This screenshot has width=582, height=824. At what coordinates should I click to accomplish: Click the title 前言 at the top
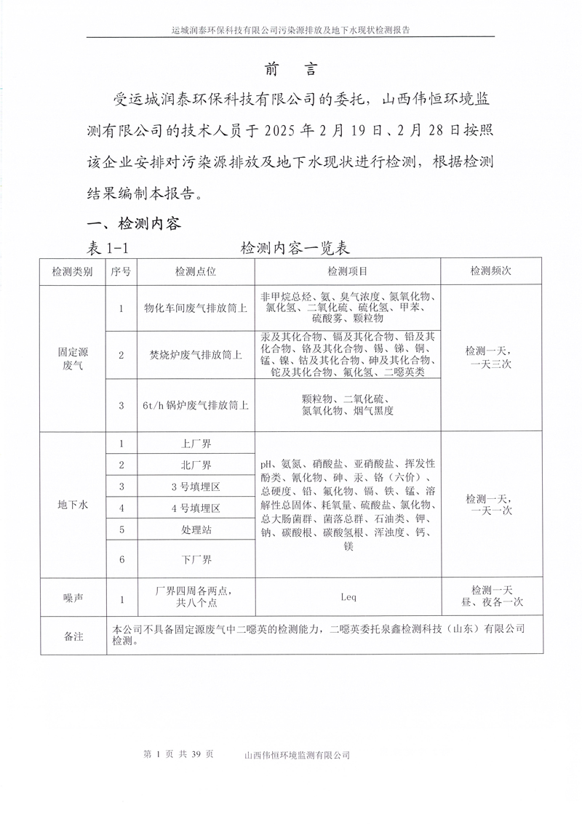290,69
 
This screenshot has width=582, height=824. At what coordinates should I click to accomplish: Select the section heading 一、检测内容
134,223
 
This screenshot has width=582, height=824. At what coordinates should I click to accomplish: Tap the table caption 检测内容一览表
295,247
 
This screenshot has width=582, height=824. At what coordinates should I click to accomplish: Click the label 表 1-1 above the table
108,247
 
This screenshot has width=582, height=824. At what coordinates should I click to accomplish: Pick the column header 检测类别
72,271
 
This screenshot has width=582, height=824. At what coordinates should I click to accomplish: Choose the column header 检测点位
195,271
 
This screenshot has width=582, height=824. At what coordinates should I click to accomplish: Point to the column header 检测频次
491,271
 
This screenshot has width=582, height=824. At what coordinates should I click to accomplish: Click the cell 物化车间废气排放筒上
195,308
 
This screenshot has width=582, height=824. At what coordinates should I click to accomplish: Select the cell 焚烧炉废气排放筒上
195,355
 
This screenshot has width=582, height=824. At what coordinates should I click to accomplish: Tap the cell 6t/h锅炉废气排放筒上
195,406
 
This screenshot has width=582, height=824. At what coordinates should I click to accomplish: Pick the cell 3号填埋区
195,486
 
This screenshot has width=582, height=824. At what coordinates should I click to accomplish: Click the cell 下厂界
195,560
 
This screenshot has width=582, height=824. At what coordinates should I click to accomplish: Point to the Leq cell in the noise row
348,597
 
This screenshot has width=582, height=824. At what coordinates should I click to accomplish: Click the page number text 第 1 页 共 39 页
179,755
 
